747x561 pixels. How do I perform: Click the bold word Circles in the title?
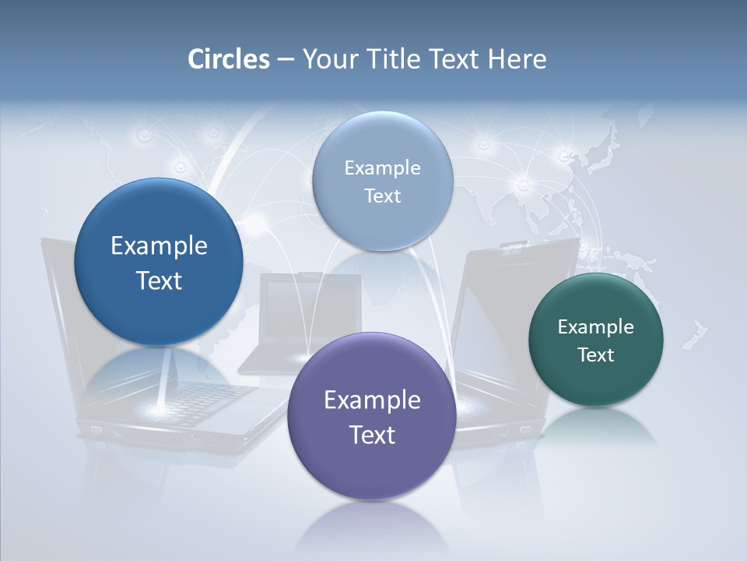point(229,59)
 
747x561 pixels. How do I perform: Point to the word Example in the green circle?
point(596,326)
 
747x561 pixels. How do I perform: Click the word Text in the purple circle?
point(372,435)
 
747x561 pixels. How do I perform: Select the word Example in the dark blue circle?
point(159,246)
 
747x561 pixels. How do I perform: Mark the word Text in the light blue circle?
point(382,196)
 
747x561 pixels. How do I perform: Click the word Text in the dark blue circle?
point(159,280)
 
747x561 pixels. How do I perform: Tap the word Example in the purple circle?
point(372,400)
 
